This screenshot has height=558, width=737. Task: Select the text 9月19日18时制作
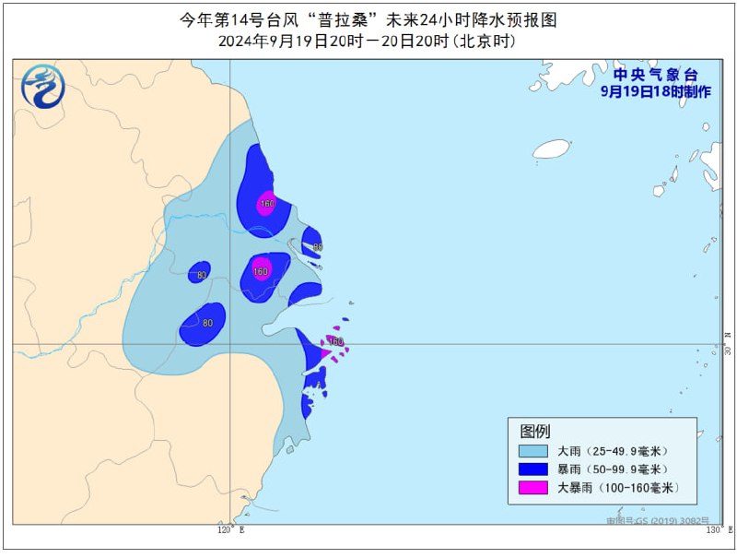[656, 91]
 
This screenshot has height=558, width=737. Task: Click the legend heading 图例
[535, 431]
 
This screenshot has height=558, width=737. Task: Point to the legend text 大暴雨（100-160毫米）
[618, 488]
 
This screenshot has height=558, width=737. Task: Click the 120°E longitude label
[230, 530]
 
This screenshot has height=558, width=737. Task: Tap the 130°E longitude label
[716, 530]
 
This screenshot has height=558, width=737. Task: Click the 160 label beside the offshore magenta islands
[335, 342]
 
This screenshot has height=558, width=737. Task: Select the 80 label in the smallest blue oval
[201, 274]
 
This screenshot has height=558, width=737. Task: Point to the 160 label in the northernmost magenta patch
[267, 204]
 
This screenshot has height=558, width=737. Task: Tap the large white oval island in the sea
[552, 148]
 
